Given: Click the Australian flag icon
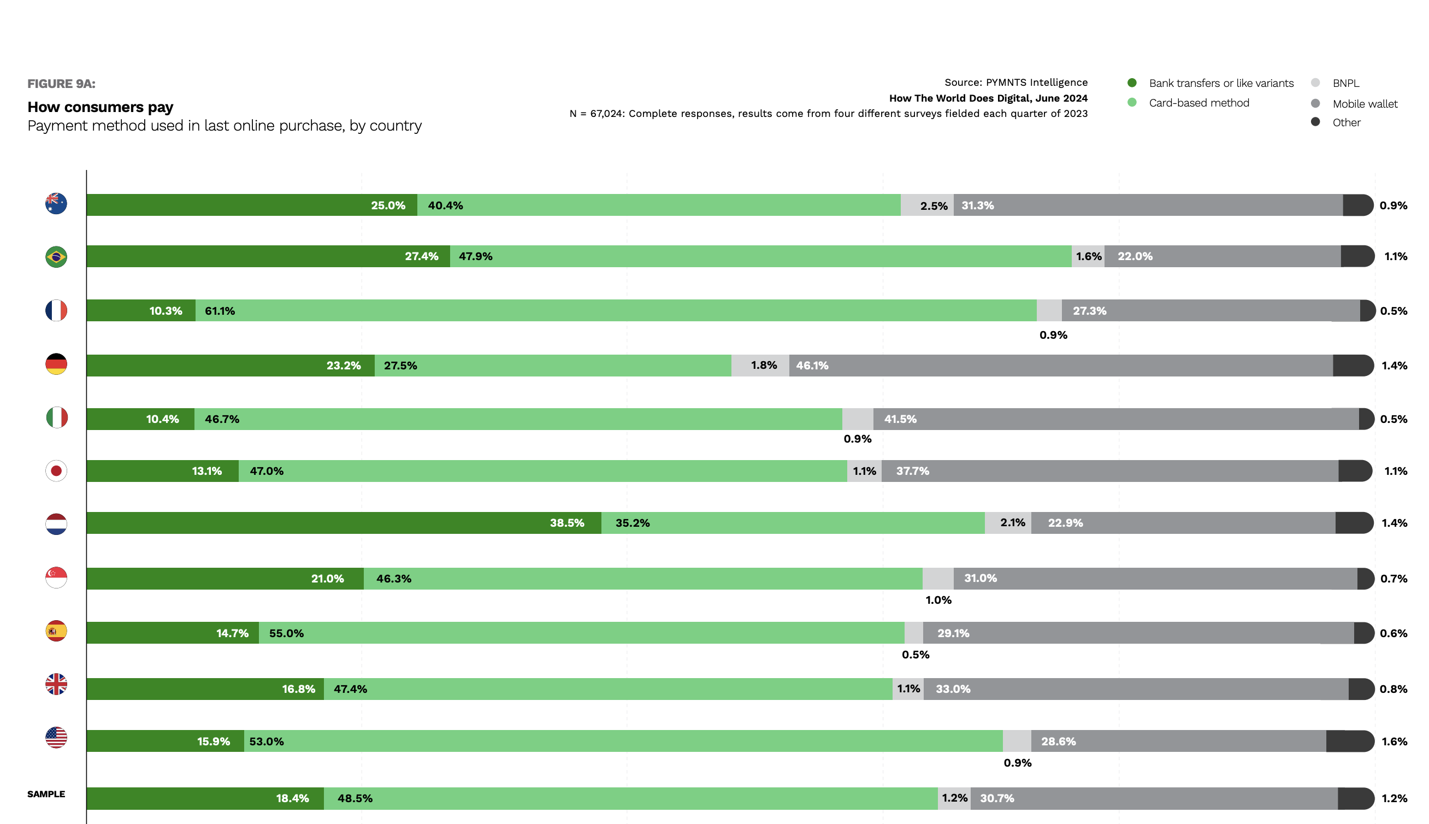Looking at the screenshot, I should (56, 204).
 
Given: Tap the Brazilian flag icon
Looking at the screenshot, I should (56, 257).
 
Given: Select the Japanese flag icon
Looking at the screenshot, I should (56, 471).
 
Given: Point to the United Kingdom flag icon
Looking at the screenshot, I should (56, 684).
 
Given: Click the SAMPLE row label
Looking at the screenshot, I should (46, 794).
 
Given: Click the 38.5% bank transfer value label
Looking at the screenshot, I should (567, 523).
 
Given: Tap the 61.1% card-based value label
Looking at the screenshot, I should (220, 311).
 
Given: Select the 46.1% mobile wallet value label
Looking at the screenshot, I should (812, 366).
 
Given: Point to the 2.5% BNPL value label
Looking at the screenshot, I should (934, 206).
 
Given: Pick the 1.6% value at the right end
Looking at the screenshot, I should (1394, 741).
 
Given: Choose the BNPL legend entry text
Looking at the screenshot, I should (1346, 83).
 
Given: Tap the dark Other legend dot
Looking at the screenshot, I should (1315, 122).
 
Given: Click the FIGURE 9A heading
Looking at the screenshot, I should (61, 84).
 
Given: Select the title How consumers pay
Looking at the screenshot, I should (100, 107).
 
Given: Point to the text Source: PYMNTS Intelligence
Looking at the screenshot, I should (1015, 83).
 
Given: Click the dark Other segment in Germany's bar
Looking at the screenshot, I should (1352, 366).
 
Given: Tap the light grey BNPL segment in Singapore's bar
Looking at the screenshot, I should (937, 578).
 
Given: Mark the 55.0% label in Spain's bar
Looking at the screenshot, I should (286, 633).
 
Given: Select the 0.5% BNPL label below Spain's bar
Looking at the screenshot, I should (916, 655).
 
